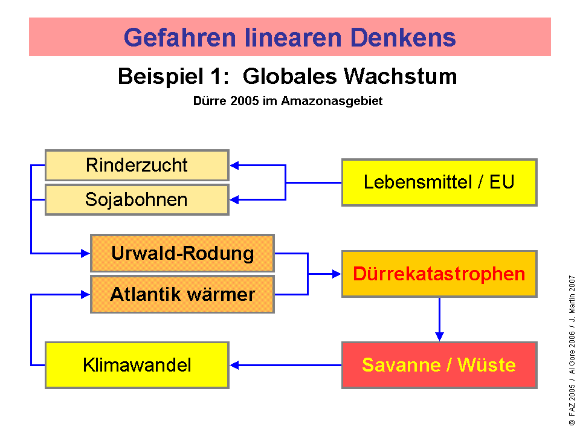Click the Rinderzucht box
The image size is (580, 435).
[x=137, y=165]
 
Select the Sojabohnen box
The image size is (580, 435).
[x=137, y=200]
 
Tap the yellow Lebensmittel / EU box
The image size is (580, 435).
[x=439, y=182]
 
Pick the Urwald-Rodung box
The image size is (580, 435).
[x=182, y=253]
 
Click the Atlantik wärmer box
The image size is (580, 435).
[x=182, y=294]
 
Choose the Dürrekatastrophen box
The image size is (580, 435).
[x=439, y=274]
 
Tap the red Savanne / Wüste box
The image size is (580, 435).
[x=439, y=365]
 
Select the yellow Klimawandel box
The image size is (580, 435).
[x=137, y=365]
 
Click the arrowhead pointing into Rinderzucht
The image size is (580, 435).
[x=234, y=166]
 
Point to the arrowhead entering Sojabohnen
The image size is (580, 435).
[x=234, y=200]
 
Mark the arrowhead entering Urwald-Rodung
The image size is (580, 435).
[x=85, y=253]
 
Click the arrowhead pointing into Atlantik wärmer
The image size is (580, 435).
[x=85, y=294]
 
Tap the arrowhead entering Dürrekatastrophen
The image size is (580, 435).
[x=337, y=274]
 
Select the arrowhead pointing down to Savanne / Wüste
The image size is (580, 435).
[x=439, y=337]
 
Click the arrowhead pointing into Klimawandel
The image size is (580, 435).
[x=234, y=365]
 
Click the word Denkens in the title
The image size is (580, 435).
[x=403, y=37]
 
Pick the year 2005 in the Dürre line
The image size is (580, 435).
[x=244, y=101]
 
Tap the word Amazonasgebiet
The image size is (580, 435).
[x=332, y=101]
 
